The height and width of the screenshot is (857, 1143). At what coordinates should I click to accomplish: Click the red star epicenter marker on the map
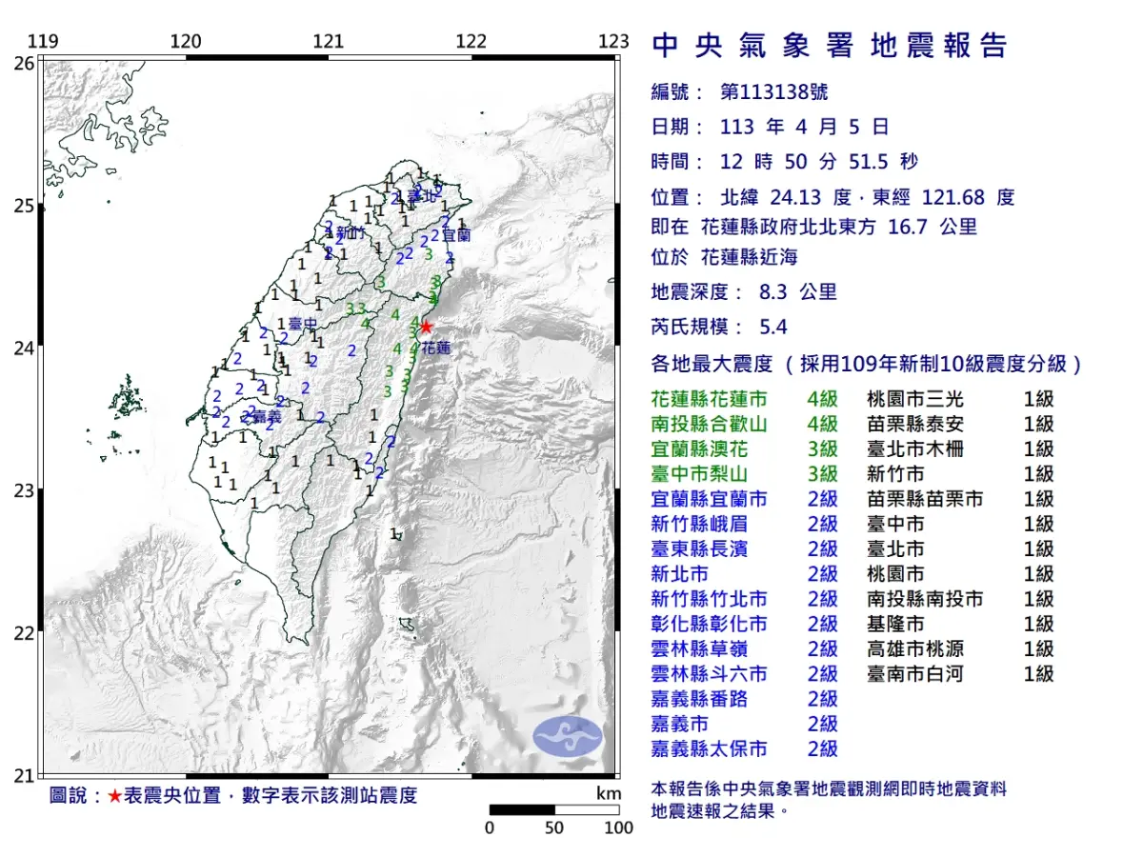pyautogui.click(x=426, y=328)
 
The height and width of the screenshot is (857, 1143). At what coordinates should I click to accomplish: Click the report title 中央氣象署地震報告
pyautogui.click(x=829, y=46)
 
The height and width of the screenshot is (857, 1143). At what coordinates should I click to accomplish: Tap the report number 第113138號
pyautogui.click(x=774, y=92)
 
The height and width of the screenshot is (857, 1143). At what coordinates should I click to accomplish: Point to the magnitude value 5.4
pyautogui.click(x=773, y=328)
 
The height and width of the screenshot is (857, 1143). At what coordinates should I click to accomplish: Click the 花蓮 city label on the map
pyautogui.click(x=436, y=349)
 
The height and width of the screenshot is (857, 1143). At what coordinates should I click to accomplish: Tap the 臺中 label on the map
pyautogui.click(x=303, y=325)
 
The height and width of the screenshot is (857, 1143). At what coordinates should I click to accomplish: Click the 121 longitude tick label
pyautogui.click(x=328, y=42)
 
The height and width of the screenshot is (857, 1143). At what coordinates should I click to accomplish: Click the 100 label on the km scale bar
pyautogui.click(x=618, y=827)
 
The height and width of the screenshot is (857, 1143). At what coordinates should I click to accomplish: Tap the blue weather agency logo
pyautogui.click(x=567, y=737)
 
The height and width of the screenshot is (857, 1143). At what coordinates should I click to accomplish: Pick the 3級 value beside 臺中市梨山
pyautogui.click(x=822, y=474)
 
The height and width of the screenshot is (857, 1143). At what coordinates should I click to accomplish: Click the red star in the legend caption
pyautogui.click(x=114, y=796)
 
